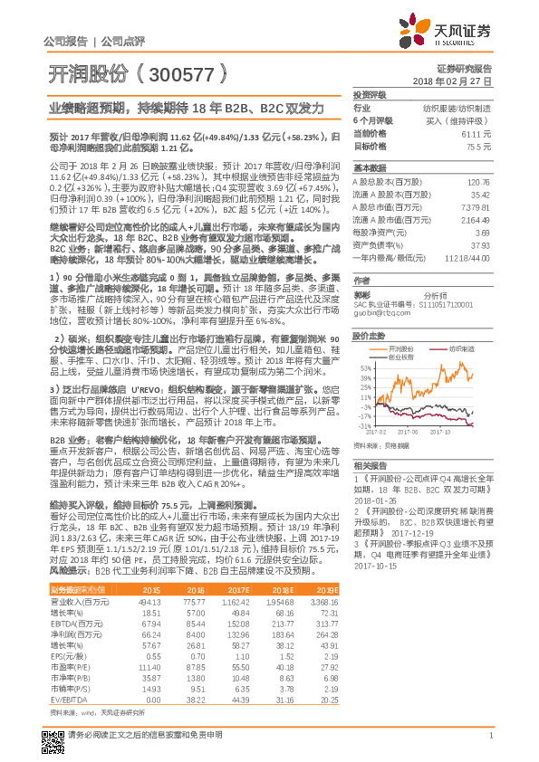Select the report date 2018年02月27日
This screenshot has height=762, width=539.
[x=457, y=81]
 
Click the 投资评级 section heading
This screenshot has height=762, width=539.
[x=370, y=93]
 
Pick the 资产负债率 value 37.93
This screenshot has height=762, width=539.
[x=481, y=244]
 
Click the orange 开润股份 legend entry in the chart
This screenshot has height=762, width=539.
[x=398, y=348]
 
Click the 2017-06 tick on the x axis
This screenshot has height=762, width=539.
[x=411, y=433]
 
